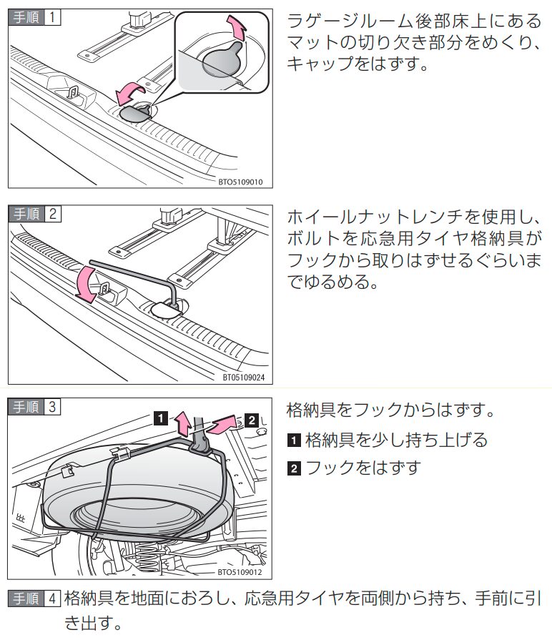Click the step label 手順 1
coord(34,17)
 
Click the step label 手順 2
coord(34,213)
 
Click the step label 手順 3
coord(34,407)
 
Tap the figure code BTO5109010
coord(242,182)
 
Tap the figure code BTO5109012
coord(242,571)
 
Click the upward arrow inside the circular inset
coord(238,31)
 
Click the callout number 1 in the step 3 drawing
coord(162,417)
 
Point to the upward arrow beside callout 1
coord(183,425)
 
